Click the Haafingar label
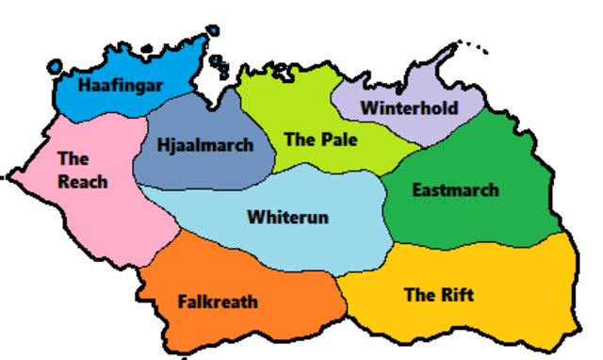[121, 86]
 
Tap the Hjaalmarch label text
[205, 145]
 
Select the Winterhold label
[409, 107]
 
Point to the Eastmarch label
[455, 190]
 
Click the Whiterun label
[287, 218]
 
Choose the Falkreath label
[218, 303]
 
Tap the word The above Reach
[73, 158]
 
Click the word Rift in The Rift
[457, 295]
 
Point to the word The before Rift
[419, 295]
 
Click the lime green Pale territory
[283, 104]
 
